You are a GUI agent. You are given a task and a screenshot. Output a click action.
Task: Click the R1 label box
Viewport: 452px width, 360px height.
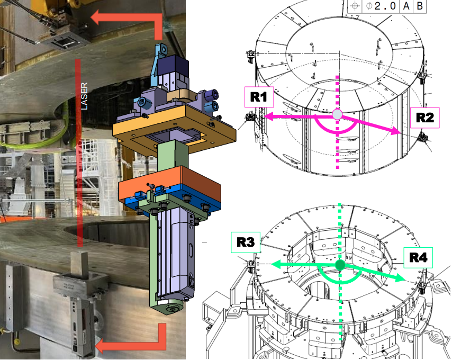259,97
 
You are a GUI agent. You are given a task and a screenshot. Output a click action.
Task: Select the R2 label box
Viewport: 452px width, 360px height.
425,118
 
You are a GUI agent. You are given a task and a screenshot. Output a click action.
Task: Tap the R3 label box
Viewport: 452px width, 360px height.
246,242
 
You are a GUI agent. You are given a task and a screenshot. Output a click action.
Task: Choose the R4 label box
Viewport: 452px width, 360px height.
418,257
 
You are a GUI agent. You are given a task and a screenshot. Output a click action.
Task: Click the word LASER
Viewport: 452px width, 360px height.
84,96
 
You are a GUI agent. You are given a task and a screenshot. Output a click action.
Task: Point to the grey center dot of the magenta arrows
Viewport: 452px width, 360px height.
337,114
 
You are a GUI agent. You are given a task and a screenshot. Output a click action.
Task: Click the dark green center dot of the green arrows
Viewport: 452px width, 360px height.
340,265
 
